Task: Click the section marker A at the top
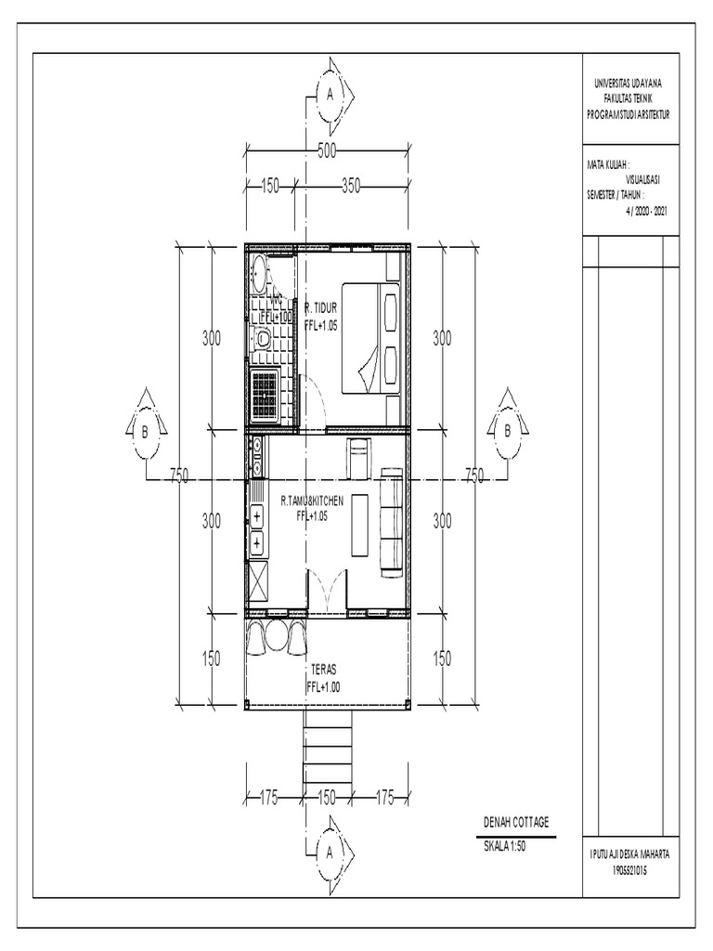tap(330, 93)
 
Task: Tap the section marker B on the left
tap(146, 431)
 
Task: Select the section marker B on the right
tap(507, 431)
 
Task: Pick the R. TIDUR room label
tap(320, 306)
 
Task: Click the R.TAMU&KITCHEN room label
tap(312, 501)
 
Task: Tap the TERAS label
tap(324, 669)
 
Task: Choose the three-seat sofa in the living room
tap(392, 512)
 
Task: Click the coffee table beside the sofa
tap(359, 525)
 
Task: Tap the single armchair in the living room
tap(358, 455)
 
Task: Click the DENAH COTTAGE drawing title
tap(516, 823)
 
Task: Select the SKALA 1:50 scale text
tap(505, 845)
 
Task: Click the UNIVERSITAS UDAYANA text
tap(629, 85)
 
